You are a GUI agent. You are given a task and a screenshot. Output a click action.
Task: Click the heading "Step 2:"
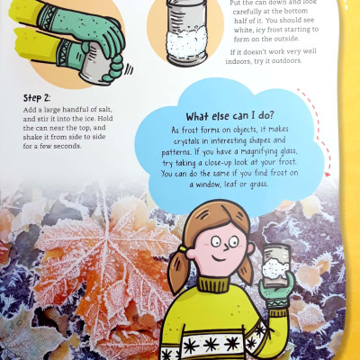point(37,98)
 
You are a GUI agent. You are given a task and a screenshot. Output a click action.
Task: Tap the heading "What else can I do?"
point(229,116)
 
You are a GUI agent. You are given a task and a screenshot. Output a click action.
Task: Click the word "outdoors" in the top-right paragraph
point(286,60)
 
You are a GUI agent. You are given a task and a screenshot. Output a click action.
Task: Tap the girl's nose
point(227,247)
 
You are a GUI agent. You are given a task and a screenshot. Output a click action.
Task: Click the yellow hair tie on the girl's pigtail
point(183,248)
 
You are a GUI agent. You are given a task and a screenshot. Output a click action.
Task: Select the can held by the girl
point(275,265)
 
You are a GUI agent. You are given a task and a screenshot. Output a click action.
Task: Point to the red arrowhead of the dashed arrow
point(328,174)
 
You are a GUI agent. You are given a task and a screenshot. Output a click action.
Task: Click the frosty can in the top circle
point(186,31)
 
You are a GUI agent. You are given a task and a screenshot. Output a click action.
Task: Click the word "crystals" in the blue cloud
point(185,141)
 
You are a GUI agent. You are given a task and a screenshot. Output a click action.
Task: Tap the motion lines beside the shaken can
point(129,70)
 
